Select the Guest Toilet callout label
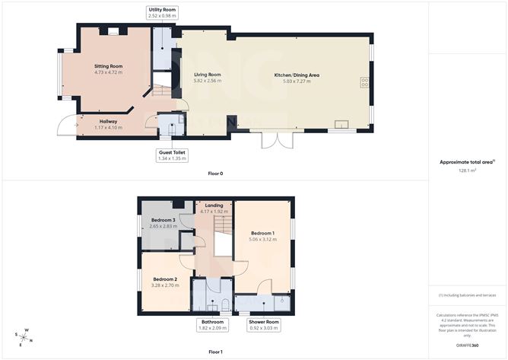tap(171, 155)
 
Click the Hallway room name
tap(108, 120)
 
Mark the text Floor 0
tap(215, 174)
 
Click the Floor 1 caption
tap(215, 352)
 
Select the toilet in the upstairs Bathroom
tap(226, 306)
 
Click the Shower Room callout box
tap(263, 326)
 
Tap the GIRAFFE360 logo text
tap(466, 346)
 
